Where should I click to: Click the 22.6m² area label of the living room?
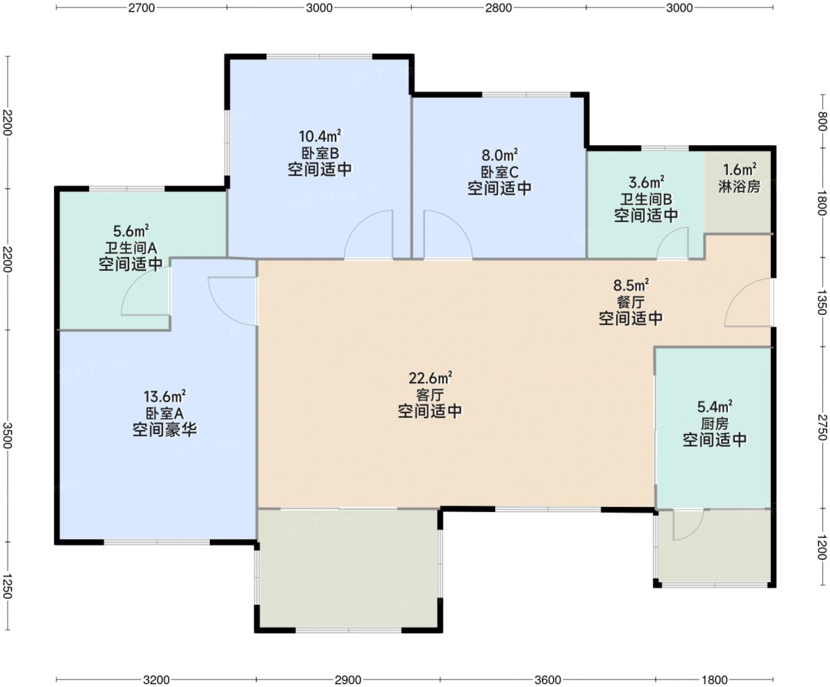point(430,378)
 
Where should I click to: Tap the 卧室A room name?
point(165,413)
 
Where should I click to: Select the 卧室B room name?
point(319,154)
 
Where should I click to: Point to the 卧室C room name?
point(499,172)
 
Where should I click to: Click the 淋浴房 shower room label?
point(740,186)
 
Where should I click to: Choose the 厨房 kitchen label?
point(715,424)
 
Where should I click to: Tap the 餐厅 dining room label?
point(631,301)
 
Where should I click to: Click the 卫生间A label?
point(130,248)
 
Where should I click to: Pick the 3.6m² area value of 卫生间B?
point(647,183)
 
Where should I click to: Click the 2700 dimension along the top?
point(141,8)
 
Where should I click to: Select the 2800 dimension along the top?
point(499,8)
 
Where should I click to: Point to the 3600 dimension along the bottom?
point(547,679)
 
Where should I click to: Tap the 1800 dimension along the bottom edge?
point(714,679)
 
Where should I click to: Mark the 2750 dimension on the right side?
point(822,427)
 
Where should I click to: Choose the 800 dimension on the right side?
point(822,121)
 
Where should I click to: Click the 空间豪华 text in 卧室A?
point(165,429)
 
